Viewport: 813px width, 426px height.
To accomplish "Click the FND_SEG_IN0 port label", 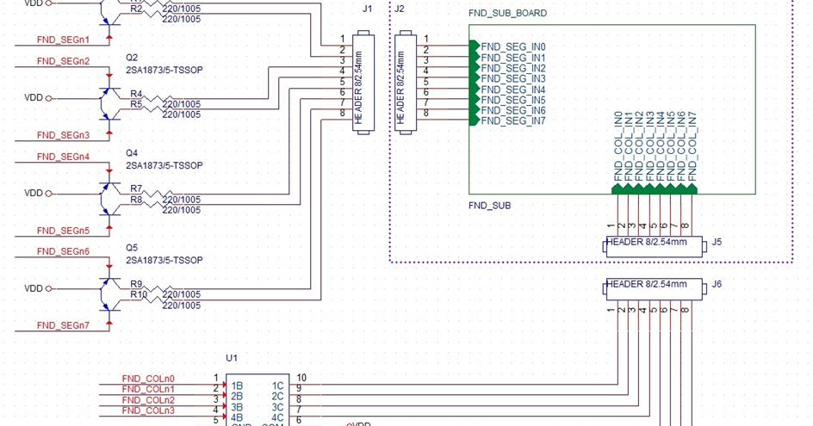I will (x=513, y=46).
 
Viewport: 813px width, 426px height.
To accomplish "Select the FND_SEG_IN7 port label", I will (x=513, y=121).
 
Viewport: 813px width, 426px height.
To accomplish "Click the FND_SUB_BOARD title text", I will (x=506, y=14).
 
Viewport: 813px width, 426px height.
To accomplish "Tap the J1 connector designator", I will (x=368, y=9).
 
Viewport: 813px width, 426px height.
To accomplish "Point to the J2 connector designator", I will (x=399, y=9).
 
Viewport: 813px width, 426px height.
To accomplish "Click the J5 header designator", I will (x=717, y=243).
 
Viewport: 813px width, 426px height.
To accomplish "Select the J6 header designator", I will (x=717, y=284).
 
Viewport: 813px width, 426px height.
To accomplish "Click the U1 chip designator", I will (x=231, y=357).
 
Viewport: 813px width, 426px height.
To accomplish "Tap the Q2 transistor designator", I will (x=132, y=58).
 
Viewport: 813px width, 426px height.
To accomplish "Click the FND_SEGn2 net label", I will (x=63, y=61).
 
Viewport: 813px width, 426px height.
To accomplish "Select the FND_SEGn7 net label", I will (x=63, y=325).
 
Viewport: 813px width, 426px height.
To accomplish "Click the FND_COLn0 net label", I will (x=148, y=378).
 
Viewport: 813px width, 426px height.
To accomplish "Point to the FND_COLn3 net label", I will (x=148, y=411).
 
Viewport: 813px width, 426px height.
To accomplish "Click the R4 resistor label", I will (x=136, y=94).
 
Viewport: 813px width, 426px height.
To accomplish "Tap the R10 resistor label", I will (x=139, y=294).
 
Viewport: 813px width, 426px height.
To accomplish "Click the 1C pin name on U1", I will (x=277, y=386).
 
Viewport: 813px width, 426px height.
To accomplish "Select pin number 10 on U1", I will (x=301, y=377).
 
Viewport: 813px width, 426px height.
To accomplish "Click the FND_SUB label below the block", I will (x=489, y=207).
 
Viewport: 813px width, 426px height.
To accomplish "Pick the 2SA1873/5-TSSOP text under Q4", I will (x=164, y=164).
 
